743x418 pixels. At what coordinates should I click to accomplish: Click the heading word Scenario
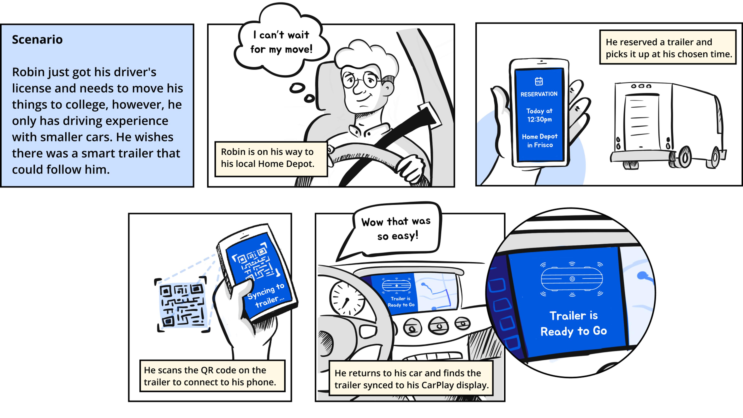[x=37, y=39]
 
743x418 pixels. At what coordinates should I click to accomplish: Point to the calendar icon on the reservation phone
[x=539, y=81]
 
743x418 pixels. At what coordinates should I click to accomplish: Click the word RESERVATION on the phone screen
[x=539, y=94]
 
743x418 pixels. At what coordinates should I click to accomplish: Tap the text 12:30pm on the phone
[x=539, y=119]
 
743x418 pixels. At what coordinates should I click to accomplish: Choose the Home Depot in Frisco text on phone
[x=540, y=140]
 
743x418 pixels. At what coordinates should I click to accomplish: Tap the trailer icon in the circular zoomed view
[x=572, y=279]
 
